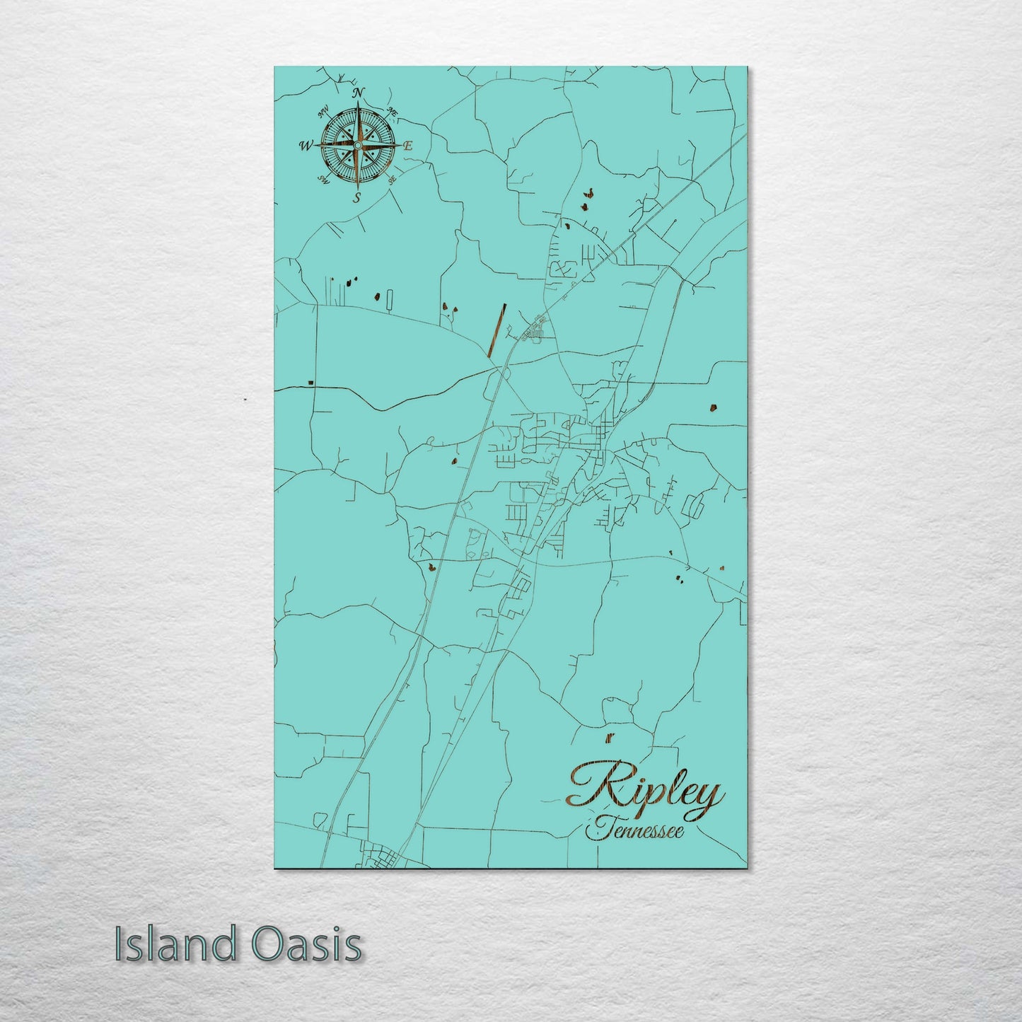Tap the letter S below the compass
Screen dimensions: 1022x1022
coord(358,197)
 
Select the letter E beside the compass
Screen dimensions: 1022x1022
coord(409,146)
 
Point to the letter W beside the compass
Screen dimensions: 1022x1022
coord(306,146)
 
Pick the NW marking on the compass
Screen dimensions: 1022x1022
coord(324,112)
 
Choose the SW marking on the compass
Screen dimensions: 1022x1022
coord(325,180)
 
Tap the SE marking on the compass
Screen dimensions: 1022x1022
coord(392,179)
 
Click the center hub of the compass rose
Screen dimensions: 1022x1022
coord(358,146)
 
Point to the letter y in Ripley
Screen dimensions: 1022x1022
coord(709,796)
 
